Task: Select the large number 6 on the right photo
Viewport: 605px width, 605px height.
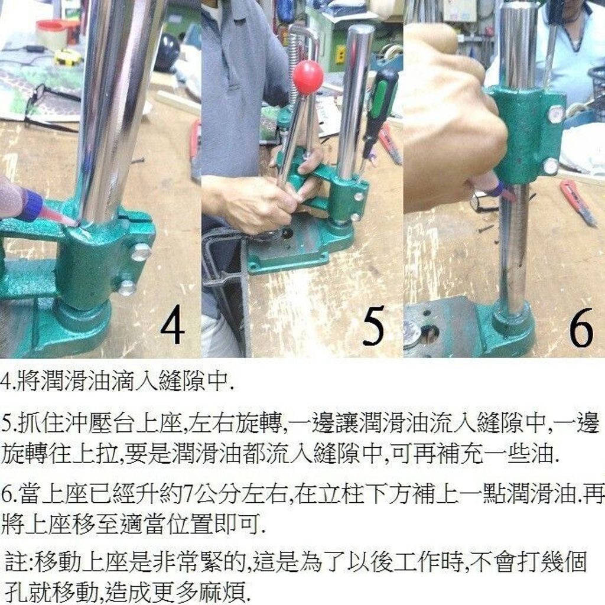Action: [581, 327]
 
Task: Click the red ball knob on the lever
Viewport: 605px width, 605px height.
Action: [308, 77]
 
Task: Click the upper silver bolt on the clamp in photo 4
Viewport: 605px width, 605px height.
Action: [141, 252]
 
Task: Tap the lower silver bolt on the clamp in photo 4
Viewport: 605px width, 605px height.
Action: [126, 288]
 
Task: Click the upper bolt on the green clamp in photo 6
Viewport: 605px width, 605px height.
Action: [555, 115]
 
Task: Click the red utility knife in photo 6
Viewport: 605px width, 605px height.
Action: [579, 202]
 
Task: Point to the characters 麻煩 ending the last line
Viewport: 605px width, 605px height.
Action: [223, 591]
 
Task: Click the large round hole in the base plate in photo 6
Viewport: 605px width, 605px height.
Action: [429, 334]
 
